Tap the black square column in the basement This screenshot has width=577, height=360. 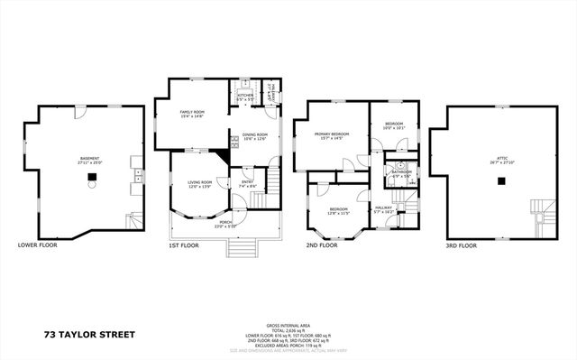(90, 178)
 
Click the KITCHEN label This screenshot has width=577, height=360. (244, 95)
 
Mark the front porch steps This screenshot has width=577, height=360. (241, 246)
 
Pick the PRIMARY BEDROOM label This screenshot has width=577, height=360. (331, 136)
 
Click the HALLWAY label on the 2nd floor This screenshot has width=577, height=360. (383, 208)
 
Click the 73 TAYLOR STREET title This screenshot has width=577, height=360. (90, 334)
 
